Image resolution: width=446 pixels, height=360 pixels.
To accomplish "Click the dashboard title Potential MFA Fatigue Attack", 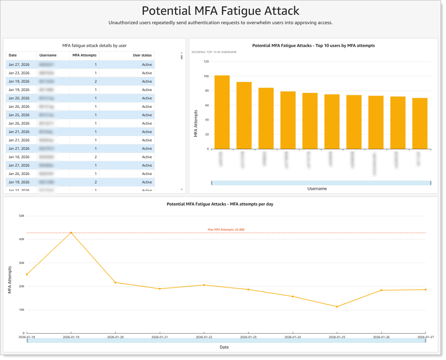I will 220,11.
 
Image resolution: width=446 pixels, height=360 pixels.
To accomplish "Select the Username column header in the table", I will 48,55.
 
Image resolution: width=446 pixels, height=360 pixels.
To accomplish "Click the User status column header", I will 142,55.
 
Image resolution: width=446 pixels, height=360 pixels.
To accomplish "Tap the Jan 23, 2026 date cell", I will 19,73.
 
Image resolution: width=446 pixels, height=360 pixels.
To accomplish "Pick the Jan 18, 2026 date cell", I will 19,157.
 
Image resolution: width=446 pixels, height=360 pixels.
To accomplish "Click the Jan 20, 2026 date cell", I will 19,98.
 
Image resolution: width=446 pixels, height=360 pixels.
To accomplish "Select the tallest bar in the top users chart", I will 222,113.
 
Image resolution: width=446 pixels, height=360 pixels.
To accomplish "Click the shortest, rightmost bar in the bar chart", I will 419,124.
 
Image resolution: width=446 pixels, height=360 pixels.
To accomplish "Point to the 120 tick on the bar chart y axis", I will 206,62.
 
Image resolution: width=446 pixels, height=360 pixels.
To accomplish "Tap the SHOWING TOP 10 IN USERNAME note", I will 214,52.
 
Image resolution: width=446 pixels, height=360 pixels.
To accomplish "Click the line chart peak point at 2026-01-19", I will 71,233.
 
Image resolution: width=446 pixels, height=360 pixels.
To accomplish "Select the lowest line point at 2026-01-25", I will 337,307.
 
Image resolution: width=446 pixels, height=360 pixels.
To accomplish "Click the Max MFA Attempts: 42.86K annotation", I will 226,230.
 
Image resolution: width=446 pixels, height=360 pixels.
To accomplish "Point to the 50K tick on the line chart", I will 21,216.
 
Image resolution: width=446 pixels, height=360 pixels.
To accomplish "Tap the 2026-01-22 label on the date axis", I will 204,337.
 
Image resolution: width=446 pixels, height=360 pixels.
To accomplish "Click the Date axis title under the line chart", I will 224,347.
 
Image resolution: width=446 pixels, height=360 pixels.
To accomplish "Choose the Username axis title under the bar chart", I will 317,189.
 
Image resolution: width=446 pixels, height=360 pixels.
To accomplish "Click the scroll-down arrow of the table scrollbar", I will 182,190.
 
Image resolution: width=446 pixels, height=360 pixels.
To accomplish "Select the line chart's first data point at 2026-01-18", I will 27,274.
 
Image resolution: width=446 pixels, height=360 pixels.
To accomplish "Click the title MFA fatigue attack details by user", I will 94,46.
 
